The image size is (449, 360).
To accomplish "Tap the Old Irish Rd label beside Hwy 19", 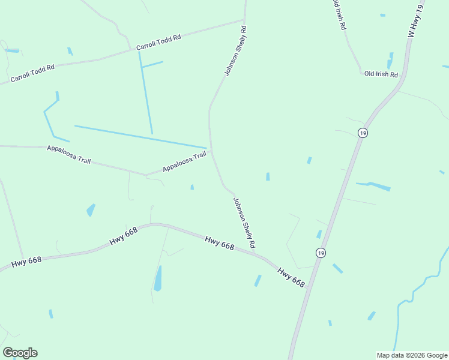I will (381, 74).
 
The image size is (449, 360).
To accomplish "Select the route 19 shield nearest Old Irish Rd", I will (362, 133).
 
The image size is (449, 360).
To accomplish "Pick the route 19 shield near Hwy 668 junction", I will (321, 253).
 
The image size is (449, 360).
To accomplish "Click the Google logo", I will (20, 353).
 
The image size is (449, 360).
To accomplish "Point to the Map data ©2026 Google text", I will (412, 355).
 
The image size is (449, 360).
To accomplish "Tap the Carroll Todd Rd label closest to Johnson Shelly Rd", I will (158, 42).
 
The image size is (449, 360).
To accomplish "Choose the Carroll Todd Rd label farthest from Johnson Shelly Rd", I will (32, 73).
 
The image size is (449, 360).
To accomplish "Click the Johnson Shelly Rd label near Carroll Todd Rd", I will (235, 50).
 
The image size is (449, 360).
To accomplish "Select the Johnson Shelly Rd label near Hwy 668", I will (244, 223).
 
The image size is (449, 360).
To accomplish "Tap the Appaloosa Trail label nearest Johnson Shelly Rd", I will (184, 163).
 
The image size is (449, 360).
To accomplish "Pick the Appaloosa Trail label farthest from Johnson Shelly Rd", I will (68, 154).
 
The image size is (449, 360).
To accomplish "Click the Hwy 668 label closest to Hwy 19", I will (291, 277).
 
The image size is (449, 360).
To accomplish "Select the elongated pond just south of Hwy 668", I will (158, 278).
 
